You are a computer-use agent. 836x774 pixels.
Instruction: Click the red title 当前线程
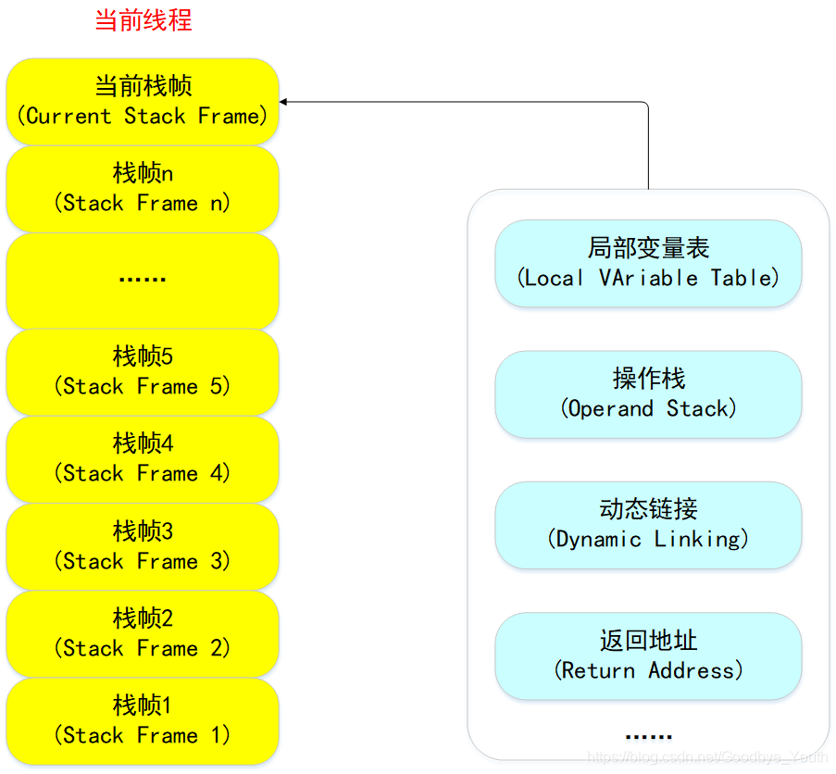143,20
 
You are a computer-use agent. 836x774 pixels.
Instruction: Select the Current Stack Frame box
143,102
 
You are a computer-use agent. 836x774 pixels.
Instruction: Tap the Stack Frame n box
143,189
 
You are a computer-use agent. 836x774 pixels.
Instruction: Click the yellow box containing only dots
143,280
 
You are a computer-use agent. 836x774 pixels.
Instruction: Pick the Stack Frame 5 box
143,371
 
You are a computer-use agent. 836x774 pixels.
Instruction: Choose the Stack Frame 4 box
143,459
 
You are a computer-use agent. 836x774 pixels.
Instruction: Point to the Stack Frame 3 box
143,546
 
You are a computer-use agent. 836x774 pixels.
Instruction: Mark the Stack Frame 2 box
143,633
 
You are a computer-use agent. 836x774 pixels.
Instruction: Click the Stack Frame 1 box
143,721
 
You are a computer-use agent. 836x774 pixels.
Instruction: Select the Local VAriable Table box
648,263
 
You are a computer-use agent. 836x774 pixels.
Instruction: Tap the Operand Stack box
648,393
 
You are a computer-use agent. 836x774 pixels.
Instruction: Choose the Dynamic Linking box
648,524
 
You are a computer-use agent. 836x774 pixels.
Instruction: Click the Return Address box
648,655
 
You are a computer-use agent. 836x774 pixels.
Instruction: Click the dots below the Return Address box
648,737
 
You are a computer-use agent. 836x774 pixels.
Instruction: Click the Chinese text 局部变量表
648,247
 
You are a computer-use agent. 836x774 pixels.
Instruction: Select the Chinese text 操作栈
648,378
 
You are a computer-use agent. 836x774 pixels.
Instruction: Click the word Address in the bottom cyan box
695,670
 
